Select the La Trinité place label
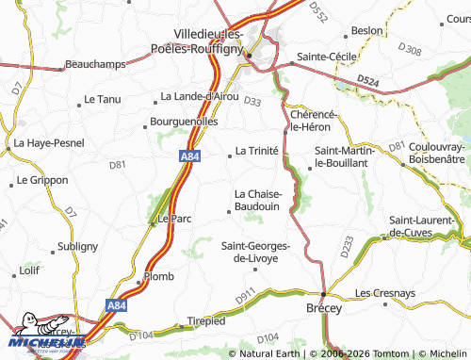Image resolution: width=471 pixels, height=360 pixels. point(255,150)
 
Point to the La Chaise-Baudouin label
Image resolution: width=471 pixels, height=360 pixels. point(257,200)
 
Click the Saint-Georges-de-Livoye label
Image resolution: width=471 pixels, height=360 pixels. point(255,252)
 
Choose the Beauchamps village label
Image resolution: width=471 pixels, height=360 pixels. point(95,65)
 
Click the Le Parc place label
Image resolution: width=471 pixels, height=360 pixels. point(173,218)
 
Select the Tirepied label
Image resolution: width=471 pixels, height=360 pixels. point(206,320)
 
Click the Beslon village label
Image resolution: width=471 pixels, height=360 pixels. point(366,30)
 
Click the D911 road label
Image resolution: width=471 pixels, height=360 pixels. point(245,299)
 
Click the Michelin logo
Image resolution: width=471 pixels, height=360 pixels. point(46,335)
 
